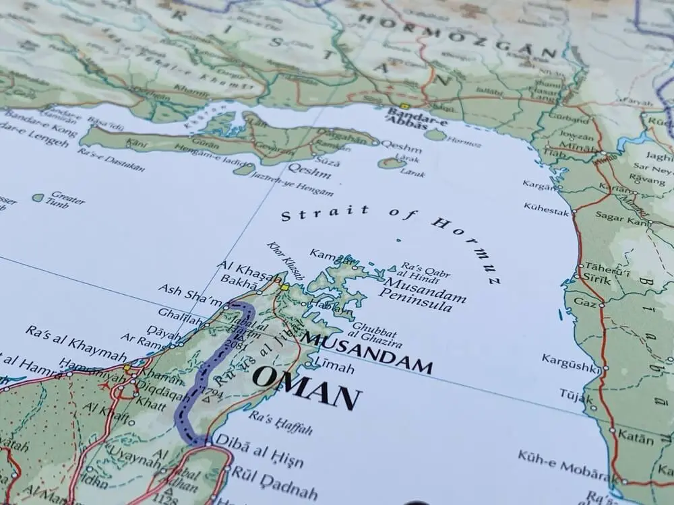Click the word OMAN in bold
point(307,390)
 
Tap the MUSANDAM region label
point(367,351)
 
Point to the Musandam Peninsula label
point(415,291)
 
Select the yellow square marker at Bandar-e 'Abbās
point(404,106)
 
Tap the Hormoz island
point(436,135)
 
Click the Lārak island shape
point(391,162)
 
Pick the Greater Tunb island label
point(67,199)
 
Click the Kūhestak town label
point(545,209)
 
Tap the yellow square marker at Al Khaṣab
point(285,287)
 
